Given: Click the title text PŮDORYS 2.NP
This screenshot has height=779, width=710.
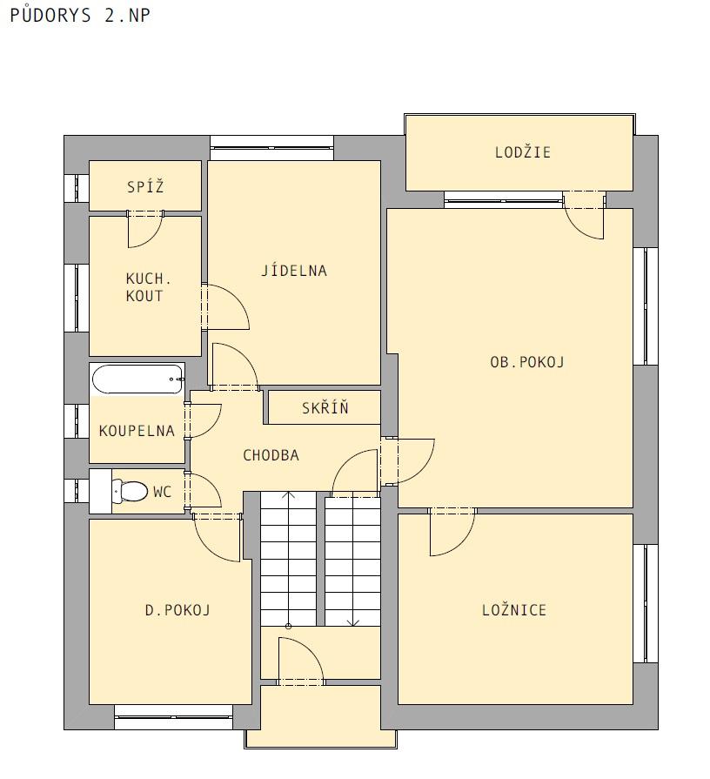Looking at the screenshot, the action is [80, 15].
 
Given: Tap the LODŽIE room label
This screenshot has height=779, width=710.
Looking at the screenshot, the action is [523, 152].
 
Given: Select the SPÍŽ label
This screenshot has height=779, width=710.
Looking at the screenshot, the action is [145, 187].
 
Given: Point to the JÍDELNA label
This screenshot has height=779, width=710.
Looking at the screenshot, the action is [294, 271].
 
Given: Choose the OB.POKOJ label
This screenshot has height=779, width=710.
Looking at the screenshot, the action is [526, 362].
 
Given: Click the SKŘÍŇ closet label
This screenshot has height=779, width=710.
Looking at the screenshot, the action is [325, 408].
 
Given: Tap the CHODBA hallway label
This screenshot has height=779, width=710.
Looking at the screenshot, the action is [271, 455].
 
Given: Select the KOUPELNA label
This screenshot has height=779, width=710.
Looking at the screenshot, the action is [137, 430].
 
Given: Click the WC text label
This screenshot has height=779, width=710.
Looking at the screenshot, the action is [163, 492].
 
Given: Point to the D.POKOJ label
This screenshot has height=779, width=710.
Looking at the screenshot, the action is [177, 609].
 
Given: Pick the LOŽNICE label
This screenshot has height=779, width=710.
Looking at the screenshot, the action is [514, 609].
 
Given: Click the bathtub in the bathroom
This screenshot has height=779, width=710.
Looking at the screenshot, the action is [137, 379].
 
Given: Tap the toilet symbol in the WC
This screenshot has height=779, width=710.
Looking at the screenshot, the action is [130, 492].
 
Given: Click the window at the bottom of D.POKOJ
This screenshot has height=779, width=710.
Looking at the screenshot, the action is [173, 717].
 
